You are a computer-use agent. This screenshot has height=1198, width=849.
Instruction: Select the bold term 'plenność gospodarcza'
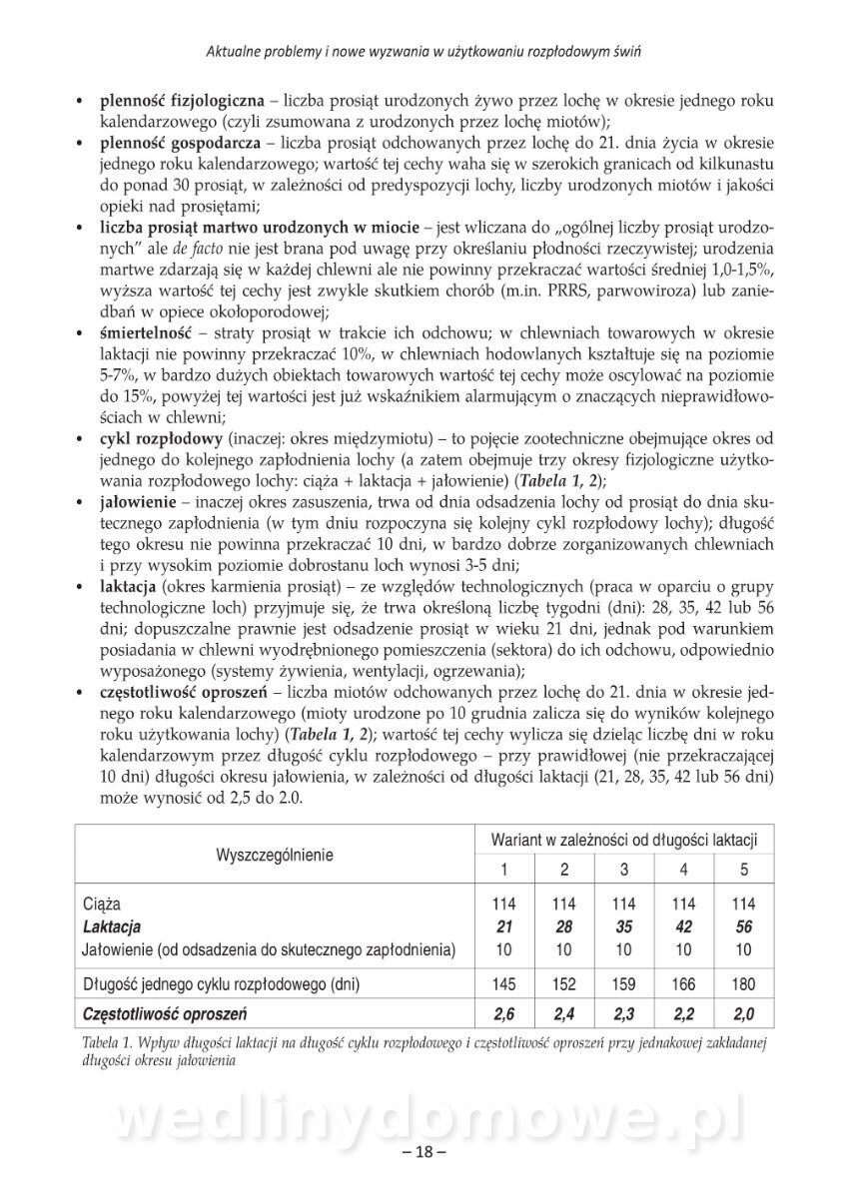pyautogui.click(x=180, y=144)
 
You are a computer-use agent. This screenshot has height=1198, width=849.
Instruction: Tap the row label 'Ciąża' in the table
pyautogui.click(x=103, y=905)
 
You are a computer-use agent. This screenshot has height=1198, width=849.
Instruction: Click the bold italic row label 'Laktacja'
pyautogui.click(x=113, y=927)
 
